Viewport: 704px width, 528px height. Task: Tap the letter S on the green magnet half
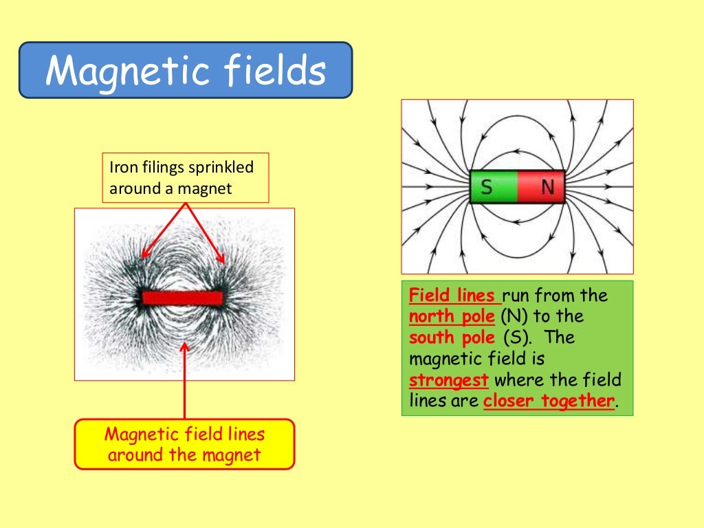pos(486,187)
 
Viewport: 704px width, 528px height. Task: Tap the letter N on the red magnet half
pos(547,187)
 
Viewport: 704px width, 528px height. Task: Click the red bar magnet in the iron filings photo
pos(183,298)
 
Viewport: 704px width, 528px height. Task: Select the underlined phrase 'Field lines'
pos(454,296)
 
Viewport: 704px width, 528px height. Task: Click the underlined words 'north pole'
pos(452,317)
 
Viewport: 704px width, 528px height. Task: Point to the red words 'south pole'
pos(452,338)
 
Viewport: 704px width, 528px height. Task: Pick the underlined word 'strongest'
pos(449,380)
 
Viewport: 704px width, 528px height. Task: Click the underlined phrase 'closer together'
pos(548,401)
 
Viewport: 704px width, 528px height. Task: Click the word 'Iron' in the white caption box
pos(122,167)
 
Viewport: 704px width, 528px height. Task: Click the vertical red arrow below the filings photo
pos(184,382)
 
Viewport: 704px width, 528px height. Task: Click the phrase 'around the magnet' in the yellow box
pos(184,454)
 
